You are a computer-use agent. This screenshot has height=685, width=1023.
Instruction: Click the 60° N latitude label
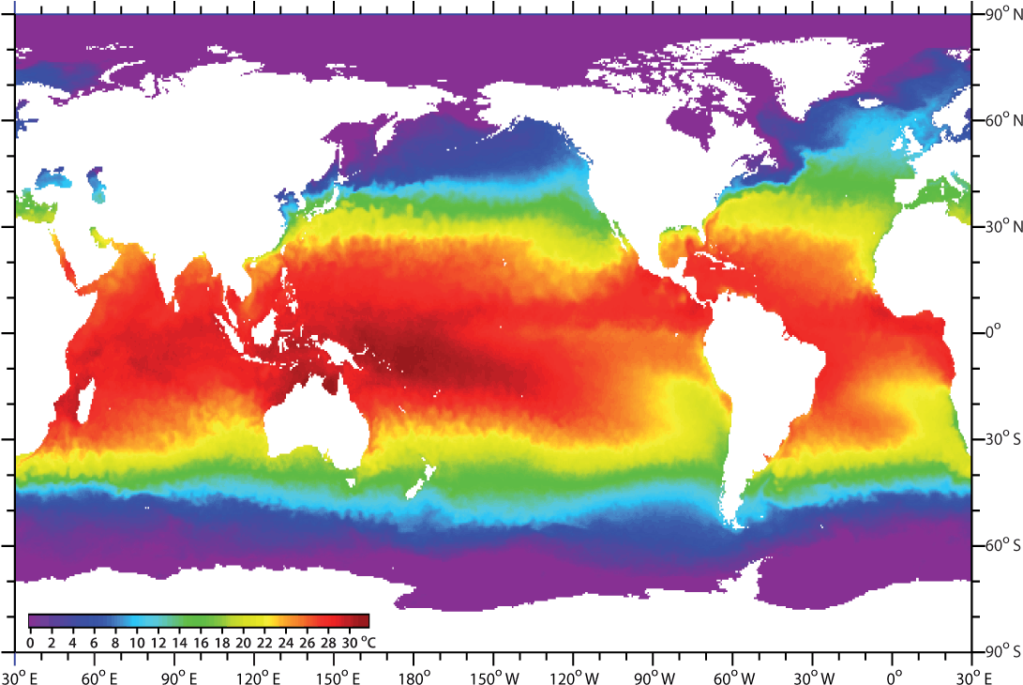[1000, 120]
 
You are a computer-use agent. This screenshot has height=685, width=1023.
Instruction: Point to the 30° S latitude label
[1000, 438]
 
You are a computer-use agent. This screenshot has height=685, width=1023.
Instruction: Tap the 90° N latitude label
[1000, 15]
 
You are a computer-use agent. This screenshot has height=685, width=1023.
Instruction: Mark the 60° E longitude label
[98, 677]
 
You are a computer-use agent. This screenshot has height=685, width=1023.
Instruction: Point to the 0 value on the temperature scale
[30, 643]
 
